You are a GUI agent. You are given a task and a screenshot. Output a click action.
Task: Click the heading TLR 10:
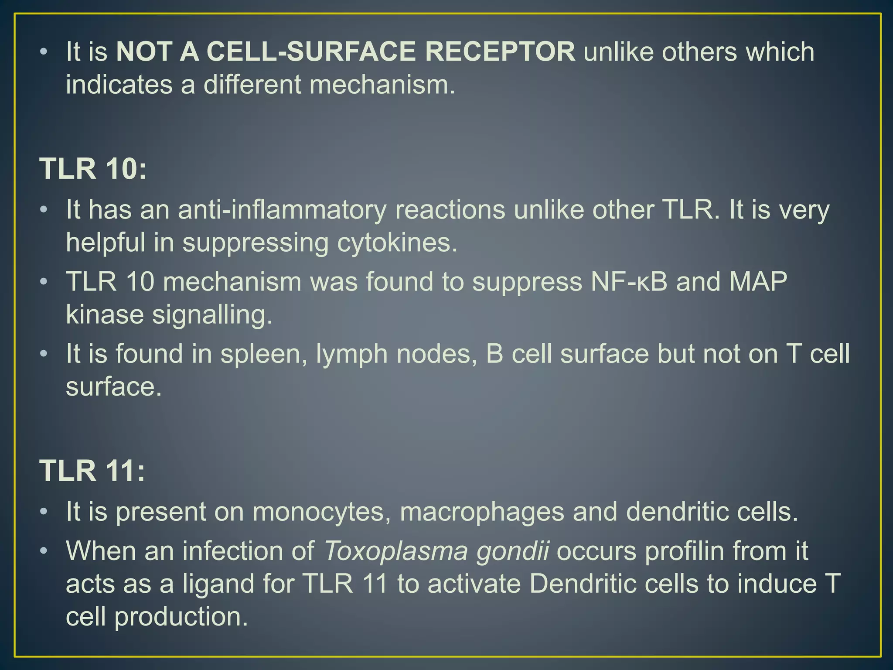click(x=93, y=168)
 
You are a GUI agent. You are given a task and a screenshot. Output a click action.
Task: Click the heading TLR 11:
click(x=92, y=471)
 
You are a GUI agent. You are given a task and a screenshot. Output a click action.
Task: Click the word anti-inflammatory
click(x=282, y=210)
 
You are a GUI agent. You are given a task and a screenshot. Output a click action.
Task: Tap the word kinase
click(x=105, y=314)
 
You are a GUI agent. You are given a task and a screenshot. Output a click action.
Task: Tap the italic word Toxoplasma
click(x=396, y=552)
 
